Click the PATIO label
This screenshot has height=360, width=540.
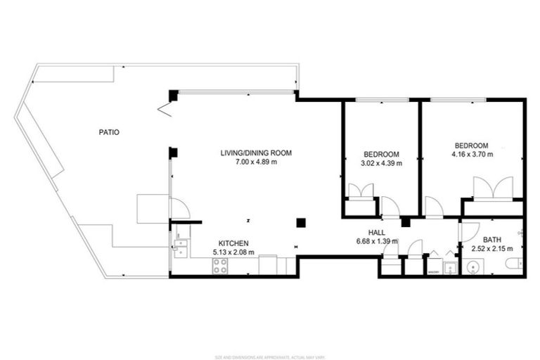point(109,131)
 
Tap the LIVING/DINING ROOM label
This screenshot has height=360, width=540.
point(256,153)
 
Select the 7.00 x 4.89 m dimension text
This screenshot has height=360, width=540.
point(256,162)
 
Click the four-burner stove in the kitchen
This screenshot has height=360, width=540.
point(220,266)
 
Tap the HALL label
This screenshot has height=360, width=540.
point(377,232)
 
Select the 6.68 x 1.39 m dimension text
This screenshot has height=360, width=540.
point(377,241)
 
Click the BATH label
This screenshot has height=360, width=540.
point(492,239)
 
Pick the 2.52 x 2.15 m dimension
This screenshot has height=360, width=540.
point(492,248)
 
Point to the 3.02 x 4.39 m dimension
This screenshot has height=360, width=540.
point(381,163)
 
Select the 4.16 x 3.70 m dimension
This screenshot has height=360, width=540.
point(472,154)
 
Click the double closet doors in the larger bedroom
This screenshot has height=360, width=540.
point(492,188)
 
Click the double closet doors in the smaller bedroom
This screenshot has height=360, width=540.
point(361,191)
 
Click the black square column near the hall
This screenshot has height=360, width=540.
point(301,223)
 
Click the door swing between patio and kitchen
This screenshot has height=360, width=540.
point(179,208)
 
